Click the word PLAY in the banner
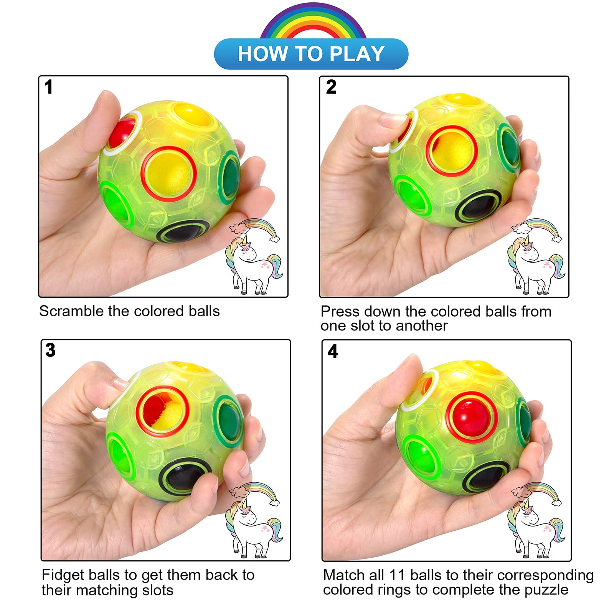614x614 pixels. coord(357,54)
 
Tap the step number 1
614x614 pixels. coord(48,87)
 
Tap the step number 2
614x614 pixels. coord(331,87)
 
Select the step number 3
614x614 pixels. coord(50,350)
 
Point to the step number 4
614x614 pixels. coord(333,351)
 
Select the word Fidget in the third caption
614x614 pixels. coord(63,575)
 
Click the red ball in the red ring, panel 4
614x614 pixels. coord(472,416)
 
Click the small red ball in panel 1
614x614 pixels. coord(121,133)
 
